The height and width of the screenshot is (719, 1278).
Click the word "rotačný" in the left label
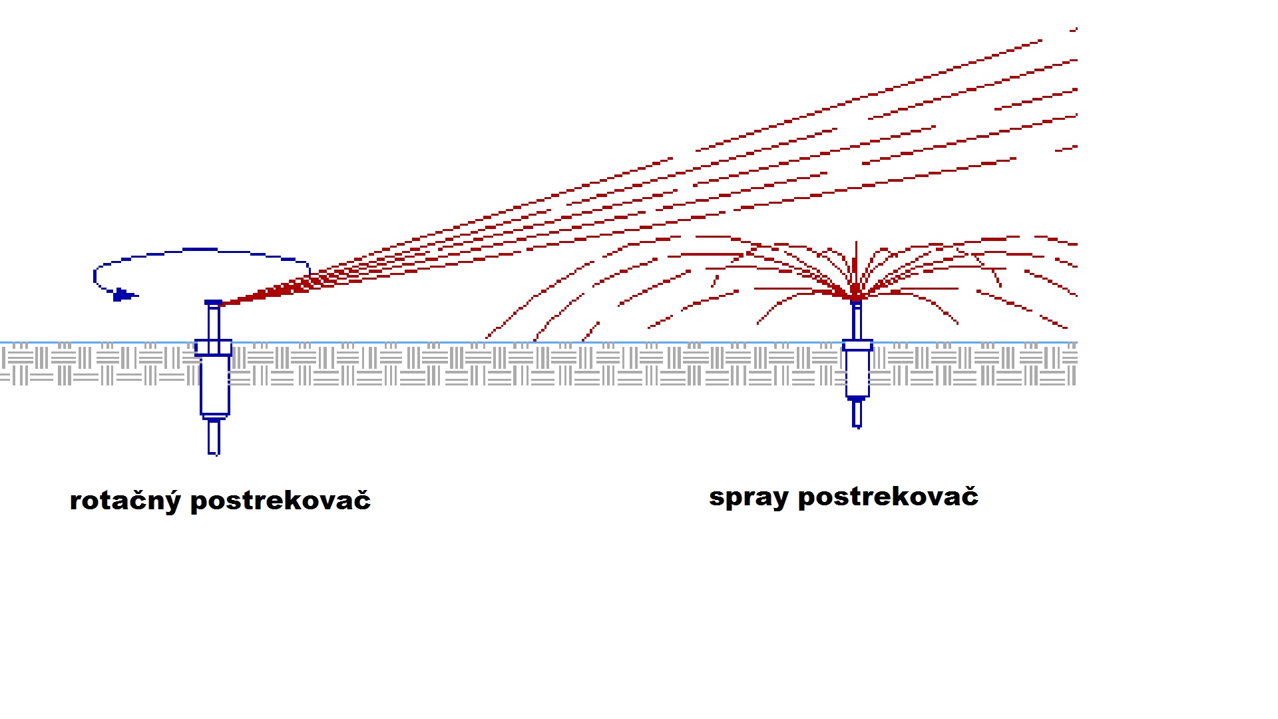coord(124,501)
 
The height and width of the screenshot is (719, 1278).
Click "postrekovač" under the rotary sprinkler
coord(280,501)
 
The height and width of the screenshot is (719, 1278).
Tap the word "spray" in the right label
coord(748,497)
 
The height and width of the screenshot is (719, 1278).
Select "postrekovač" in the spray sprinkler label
coord(888,497)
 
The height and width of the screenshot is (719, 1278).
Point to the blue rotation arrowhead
coord(122,294)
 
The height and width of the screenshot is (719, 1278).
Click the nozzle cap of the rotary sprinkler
coord(213,303)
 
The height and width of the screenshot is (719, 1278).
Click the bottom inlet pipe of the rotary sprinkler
coord(214,437)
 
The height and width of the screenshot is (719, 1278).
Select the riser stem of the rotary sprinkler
coord(214,323)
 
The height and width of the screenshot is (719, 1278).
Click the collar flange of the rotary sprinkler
coord(213,348)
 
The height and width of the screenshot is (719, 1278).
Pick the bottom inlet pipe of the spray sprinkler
coord(857,413)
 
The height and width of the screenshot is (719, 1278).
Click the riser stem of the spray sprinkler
coord(857,322)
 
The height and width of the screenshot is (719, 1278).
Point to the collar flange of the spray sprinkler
coord(857,345)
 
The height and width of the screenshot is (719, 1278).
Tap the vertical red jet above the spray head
coord(856,263)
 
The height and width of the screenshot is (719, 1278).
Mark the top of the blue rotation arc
coord(200,250)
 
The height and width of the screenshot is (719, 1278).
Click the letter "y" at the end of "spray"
coord(780,499)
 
